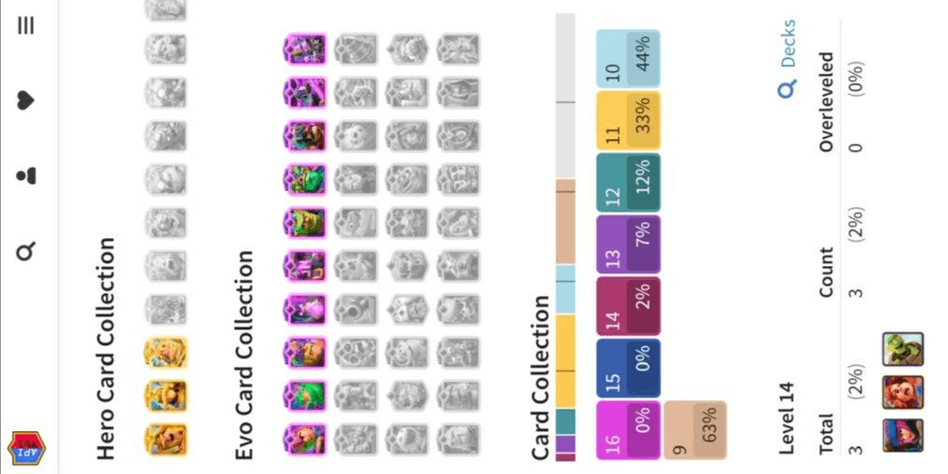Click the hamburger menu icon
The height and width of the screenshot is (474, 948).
[x=26, y=25]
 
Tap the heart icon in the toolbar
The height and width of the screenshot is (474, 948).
[x=26, y=101]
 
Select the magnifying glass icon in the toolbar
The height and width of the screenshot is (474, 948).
[x=26, y=251]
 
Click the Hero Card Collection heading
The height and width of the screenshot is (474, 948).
[x=105, y=348]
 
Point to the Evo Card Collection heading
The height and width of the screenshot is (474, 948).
[x=243, y=355]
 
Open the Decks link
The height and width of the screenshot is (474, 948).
[x=788, y=59]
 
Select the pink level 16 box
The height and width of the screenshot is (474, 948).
[x=628, y=430]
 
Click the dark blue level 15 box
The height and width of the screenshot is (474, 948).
[x=628, y=369]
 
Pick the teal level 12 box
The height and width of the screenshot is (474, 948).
[x=628, y=183]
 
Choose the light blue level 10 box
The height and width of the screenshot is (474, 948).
[x=628, y=59]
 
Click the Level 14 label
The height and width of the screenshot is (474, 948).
[x=788, y=418]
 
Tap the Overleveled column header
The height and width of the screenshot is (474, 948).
[x=826, y=102]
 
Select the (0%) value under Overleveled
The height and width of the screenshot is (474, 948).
[x=857, y=78]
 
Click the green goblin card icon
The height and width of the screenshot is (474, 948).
[x=902, y=350]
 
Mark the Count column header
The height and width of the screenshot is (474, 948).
[x=826, y=272]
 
